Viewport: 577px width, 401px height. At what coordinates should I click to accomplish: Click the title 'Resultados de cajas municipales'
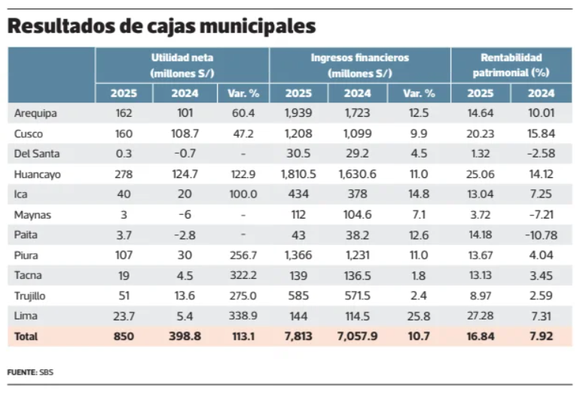click(x=160, y=26)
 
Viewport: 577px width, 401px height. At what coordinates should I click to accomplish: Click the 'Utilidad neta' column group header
click(x=182, y=65)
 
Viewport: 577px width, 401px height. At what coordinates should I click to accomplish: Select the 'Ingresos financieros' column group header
click(x=359, y=65)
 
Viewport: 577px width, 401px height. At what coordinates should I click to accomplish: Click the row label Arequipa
click(x=36, y=114)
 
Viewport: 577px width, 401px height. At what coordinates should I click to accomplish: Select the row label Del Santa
click(x=37, y=154)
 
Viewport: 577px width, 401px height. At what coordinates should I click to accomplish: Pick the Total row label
click(x=26, y=336)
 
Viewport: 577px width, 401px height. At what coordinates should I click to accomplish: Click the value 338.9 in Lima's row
click(x=243, y=317)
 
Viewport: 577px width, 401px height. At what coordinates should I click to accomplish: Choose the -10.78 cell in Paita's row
click(x=541, y=235)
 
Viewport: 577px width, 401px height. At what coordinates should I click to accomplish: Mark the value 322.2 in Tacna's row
click(x=243, y=276)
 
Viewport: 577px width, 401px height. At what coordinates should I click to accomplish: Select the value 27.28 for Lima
click(x=481, y=317)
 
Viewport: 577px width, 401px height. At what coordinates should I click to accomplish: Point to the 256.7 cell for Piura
click(x=243, y=256)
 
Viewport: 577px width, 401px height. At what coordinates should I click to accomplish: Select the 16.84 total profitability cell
click(x=481, y=336)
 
